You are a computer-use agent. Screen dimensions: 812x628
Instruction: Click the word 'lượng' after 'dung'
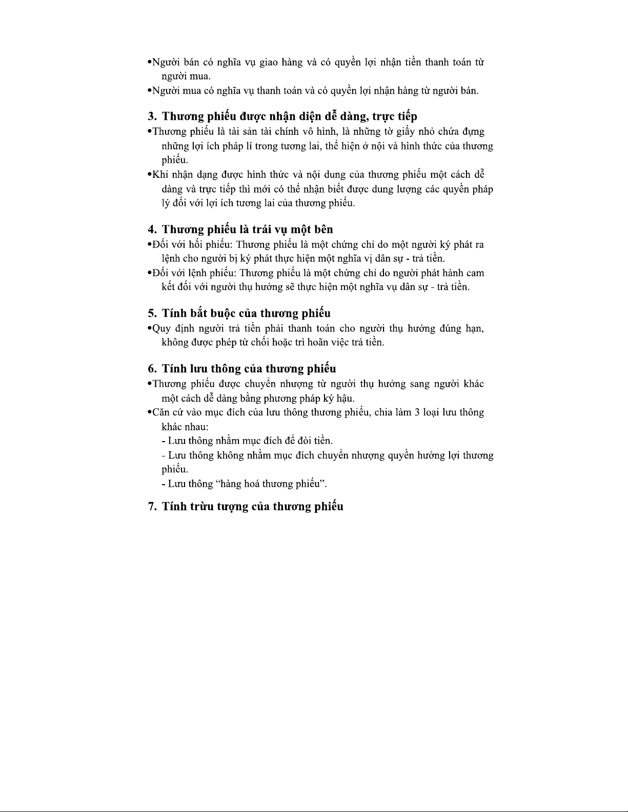(408, 189)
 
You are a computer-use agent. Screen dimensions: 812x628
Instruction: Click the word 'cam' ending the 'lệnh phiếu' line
(475, 273)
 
